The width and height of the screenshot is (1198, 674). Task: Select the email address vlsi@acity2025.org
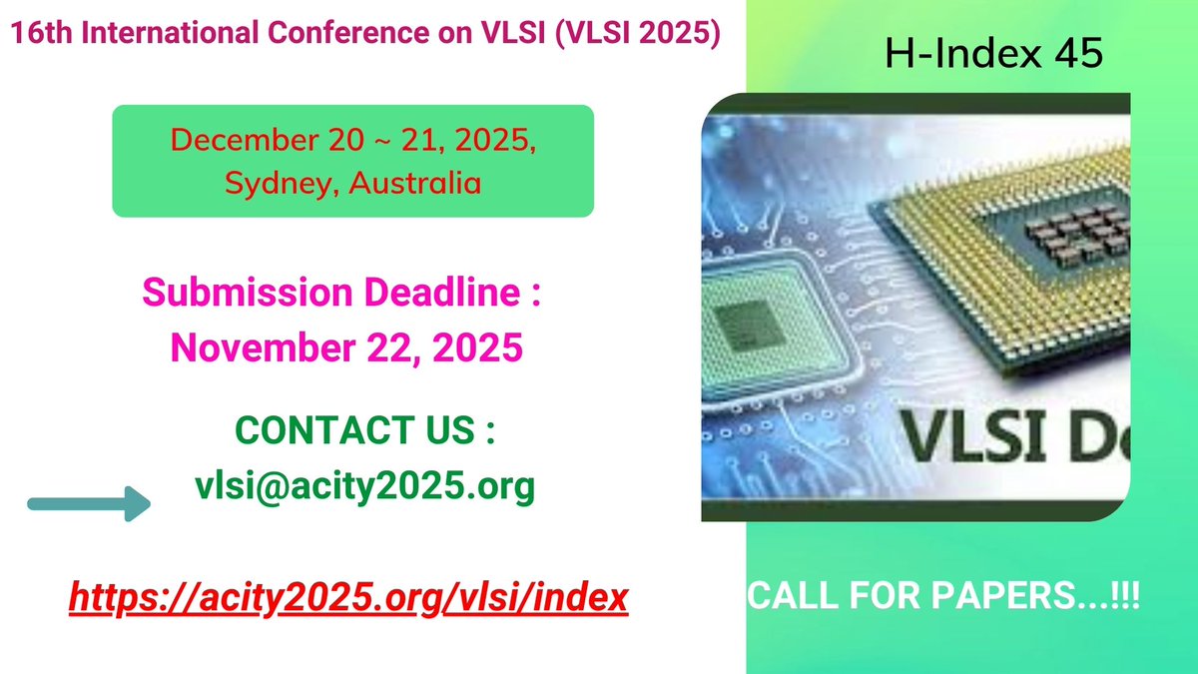(364, 486)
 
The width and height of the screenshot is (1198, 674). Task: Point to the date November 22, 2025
(346, 347)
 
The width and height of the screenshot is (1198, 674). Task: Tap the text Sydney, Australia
(352, 183)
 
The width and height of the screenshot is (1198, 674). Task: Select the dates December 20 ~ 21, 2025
(352, 140)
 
